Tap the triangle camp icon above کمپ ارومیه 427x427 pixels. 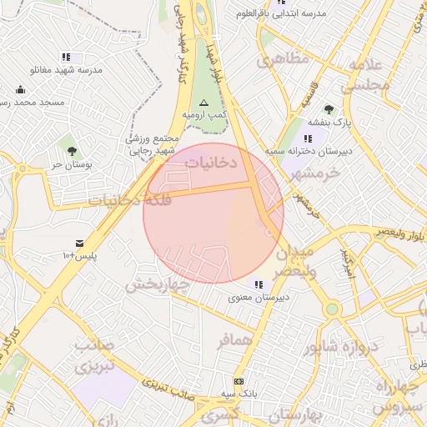click(204, 101)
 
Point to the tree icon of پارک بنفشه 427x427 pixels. click(329, 108)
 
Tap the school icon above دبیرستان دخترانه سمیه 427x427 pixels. click(308, 138)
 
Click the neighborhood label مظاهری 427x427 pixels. click(283, 60)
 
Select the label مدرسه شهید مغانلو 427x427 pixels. click(66, 71)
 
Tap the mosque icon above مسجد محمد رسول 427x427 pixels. click(20, 89)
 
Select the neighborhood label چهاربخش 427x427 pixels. click(158, 284)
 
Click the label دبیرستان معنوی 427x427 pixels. click(259, 296)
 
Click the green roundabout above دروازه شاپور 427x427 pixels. click(333, 309)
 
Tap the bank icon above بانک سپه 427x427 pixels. click(239, 379)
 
